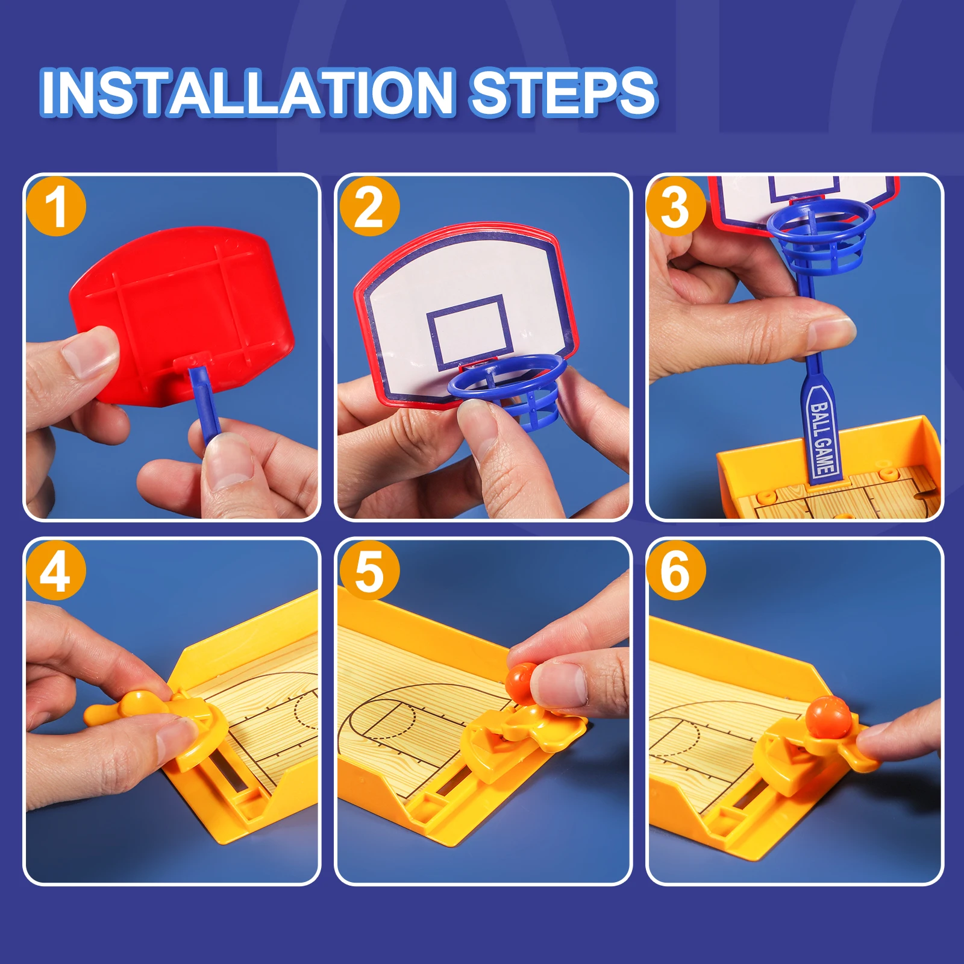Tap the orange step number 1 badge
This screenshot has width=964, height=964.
(56, 206)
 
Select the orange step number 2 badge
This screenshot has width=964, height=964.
(369, 207)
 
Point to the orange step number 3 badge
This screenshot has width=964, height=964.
(675, 207)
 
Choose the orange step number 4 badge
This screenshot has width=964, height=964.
(56, 570)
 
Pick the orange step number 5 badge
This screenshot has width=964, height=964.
(369, 570)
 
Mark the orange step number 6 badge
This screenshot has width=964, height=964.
(675, 570)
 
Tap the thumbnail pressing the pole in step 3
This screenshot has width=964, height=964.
(831, 334)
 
